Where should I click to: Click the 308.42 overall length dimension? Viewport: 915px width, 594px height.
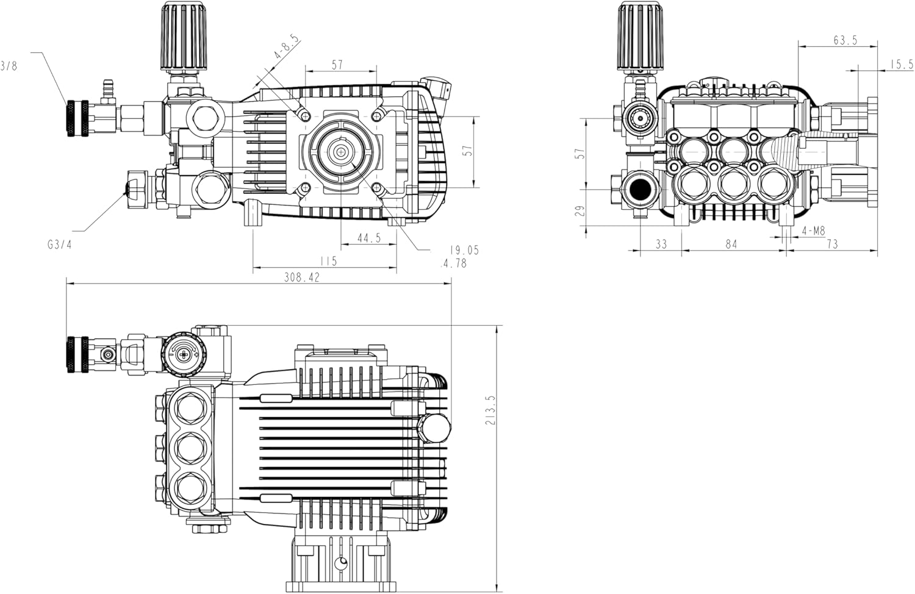pyautogui.click(x=301, y=277)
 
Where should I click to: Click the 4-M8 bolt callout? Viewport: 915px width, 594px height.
pyautogui.click(x=813, y=231)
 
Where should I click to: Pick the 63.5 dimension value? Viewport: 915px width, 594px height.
pyautogui.click(x=845, y=40)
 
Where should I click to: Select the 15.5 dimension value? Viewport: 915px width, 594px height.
pyautogui.click(x=901, y=64)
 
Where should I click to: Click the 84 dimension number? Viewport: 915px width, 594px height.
pyautogui.click(x=731, y=244)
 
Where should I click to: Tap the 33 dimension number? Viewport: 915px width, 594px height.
pyautogui.click(x=661, y=244)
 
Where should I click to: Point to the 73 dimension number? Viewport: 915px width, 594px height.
pyautogui.click(x=831, y=244)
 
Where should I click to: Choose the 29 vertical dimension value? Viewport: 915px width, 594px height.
pyautogui.click(x=579, y=210)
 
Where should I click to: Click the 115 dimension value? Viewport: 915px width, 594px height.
pyautogui.click(x=328, y=261)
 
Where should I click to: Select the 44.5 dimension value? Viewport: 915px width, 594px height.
pyautogui.click(x=368, y=238)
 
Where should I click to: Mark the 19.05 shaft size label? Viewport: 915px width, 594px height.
pyautogui.click(x=464, y=250)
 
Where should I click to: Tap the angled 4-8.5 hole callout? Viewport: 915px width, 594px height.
pyautogui.click(x=286, y=47)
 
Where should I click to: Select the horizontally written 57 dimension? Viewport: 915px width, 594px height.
pyautogui.click(x=337, y=65)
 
